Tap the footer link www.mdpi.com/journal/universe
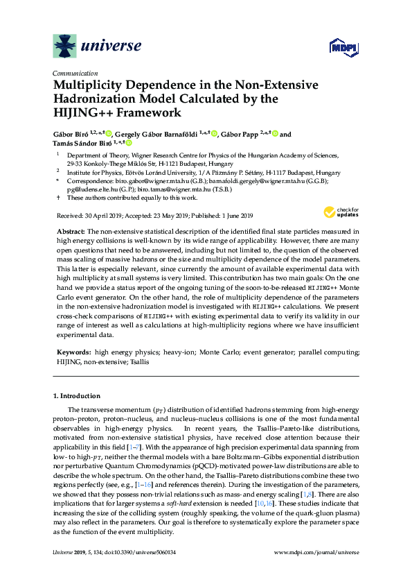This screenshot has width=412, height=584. point(316,552)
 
